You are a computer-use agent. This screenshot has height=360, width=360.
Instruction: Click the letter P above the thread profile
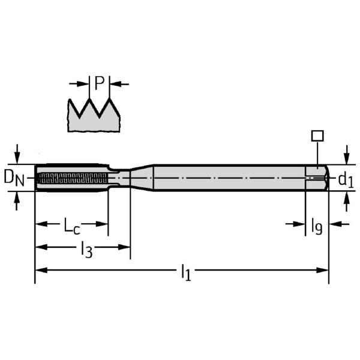click(100, 83)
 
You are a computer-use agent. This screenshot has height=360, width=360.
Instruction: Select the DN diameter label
click(14, 178)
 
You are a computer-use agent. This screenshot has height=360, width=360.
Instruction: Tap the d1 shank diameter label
click(344, 178)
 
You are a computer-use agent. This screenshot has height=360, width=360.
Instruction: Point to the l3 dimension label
click(86, 248)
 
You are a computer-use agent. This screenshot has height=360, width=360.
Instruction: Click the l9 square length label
click(317, 226)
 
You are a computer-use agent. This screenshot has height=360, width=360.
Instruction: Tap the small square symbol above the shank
click(317, 135)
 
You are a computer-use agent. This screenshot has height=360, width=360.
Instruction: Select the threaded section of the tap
click(72, 178)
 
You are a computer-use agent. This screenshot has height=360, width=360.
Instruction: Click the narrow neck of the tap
click(120, 178)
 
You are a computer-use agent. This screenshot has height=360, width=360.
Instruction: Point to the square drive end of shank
click(316, 178)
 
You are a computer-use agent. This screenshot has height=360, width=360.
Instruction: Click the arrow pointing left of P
click(83, 83)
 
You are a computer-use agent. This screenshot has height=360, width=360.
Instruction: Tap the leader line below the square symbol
click(317, 153)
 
